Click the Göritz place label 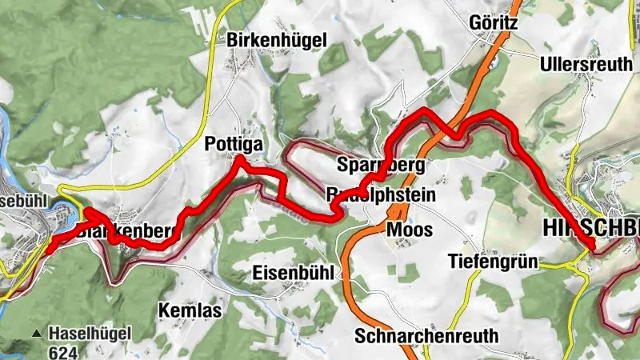(495, 23)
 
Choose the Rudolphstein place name (381, 194)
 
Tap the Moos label (409, 230)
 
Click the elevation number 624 (62, 350)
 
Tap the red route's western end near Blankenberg (50, 249)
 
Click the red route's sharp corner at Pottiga (238, 162)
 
